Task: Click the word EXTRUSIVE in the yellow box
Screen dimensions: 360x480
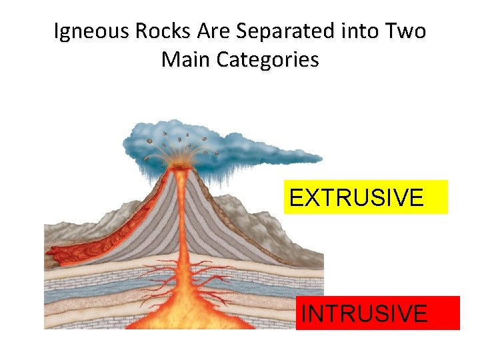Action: click(x=356, y=197)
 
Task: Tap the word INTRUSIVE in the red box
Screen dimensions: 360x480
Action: click(x=364, y=313)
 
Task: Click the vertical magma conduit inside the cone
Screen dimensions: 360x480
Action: click(x=181, y=213)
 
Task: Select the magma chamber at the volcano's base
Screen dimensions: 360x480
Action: click(x=180, y=313)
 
